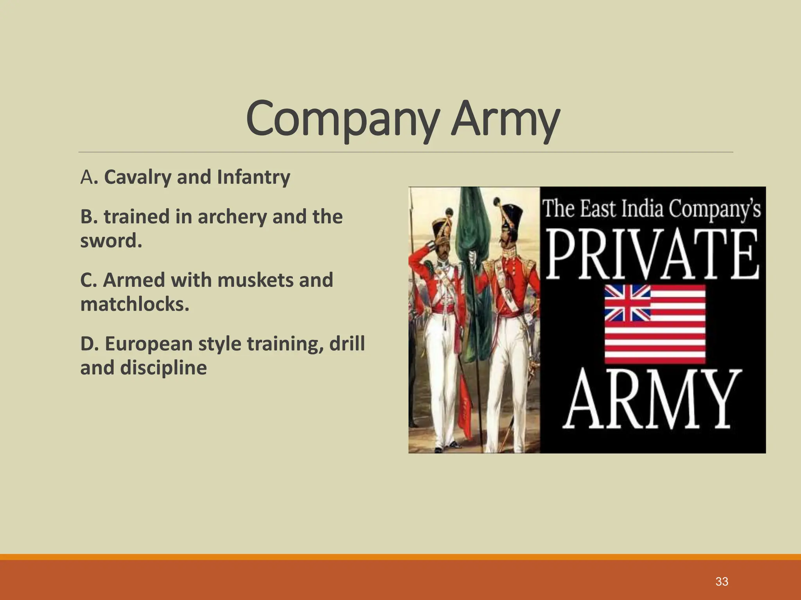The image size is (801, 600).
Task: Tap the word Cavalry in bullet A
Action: pyautogui.click(x=138, y=177)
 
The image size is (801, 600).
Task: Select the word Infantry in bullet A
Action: pyautogui.click(x=253, y=177)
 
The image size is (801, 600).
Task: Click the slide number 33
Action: pyautogui.click(x=722, y=582)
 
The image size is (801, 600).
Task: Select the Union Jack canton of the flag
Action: pyautogui.click(x=627, y=303)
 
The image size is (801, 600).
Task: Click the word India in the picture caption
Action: pyautogui.click(x=643, y=208)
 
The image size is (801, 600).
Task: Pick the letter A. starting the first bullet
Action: pyautogui.click(x=87, y=177)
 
